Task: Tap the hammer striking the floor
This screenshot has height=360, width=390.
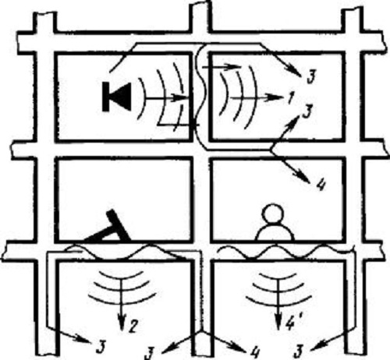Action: [x=109, y=228]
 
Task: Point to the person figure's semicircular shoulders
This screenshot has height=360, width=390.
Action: [x=275, y=232]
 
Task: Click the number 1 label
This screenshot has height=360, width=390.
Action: [x=290, y=98]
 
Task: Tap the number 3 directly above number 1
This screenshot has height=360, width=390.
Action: [x=311, y=76]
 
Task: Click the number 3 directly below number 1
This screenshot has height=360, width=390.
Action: [x=307, y=111]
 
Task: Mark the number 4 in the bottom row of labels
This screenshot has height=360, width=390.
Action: [x=254, y=352]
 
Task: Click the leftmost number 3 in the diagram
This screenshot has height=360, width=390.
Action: [x=100, y=347]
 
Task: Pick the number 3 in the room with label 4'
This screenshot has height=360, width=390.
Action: [x=300, y=352]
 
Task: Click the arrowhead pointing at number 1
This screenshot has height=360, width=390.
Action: [x=275, y=98]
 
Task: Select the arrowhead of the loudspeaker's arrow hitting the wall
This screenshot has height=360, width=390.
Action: [x=181, y=98]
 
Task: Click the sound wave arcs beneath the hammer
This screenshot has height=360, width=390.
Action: [x=122, y=288]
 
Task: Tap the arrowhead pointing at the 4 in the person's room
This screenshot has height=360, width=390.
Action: [x=305, y=178]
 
